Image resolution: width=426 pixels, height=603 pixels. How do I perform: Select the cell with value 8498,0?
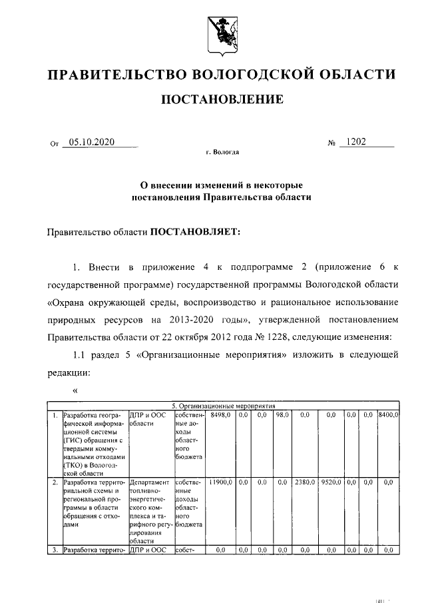coord(220,414)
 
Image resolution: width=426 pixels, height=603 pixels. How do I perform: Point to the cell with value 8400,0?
coord(387,414)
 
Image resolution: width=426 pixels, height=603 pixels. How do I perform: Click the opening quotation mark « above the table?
coord(75,390)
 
